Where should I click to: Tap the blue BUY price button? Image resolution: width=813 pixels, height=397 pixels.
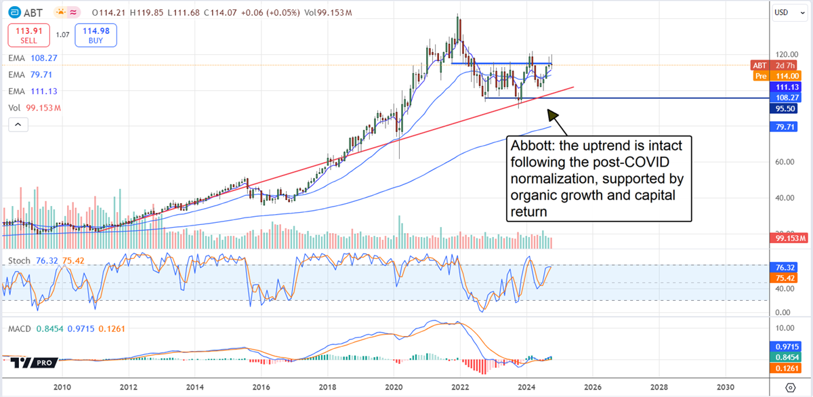point(96,34)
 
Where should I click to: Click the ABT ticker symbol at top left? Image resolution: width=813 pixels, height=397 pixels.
point(29,12)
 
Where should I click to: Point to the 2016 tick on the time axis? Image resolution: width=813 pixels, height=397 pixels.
point(261,387)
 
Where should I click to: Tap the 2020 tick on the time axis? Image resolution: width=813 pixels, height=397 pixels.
point(394,387)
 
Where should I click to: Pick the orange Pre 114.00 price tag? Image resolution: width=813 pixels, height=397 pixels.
point(780,77)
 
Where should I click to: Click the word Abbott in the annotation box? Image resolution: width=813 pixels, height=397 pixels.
point(532,146)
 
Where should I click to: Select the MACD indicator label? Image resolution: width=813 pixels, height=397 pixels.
point(20,329)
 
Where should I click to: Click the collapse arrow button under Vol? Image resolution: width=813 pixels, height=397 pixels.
point(17,125)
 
